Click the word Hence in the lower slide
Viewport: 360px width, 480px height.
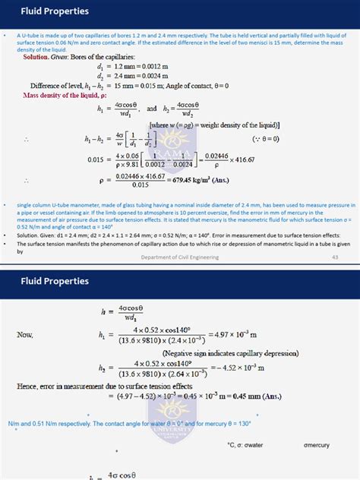tap(29, 386)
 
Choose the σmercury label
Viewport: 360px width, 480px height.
tap(317, 444)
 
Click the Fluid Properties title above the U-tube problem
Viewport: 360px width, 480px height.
tap(44, 11)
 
